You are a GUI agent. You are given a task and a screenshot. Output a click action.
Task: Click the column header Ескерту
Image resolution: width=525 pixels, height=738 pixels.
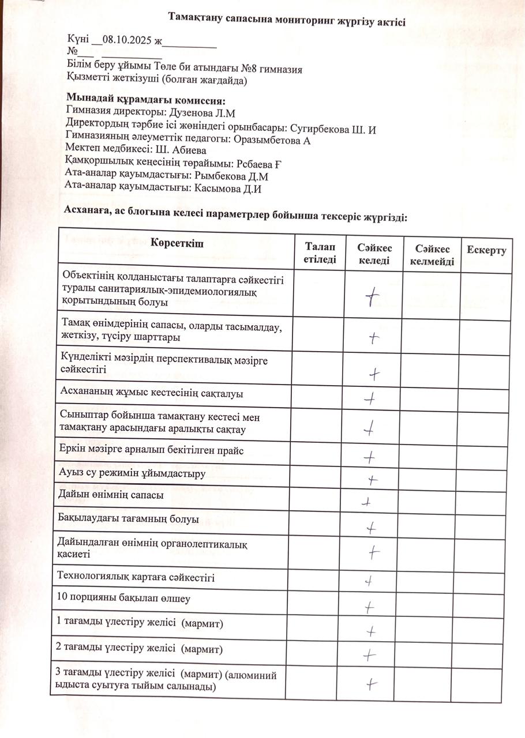486,250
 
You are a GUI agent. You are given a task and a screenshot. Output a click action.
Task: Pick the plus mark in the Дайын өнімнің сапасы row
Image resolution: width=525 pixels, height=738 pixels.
365,502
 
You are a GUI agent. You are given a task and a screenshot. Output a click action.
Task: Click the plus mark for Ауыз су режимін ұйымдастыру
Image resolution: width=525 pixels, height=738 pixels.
373,480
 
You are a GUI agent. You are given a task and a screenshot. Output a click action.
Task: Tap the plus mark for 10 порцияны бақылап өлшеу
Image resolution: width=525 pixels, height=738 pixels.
369,607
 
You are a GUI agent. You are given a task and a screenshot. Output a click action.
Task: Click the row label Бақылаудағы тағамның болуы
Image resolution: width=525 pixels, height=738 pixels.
129,519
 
